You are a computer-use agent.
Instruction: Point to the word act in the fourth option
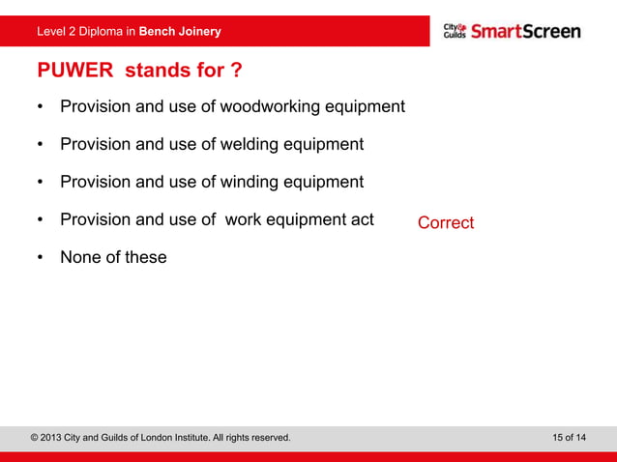(361, 219)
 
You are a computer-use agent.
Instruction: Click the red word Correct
(446, 223)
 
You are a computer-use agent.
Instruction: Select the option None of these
(113, 257)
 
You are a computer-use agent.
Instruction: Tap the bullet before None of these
(40, 258)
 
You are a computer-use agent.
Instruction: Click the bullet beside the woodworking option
(40, 107)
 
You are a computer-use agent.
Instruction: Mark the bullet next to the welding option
(40, 145)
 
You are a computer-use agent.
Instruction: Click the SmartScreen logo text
(526, 31)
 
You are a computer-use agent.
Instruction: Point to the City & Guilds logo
(455, 31)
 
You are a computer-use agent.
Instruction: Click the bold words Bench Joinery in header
(180, 32)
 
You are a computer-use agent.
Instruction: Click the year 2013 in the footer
(57, 438)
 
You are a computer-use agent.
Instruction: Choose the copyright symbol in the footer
(35, 438)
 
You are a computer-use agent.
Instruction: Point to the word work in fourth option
(245, 219)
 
